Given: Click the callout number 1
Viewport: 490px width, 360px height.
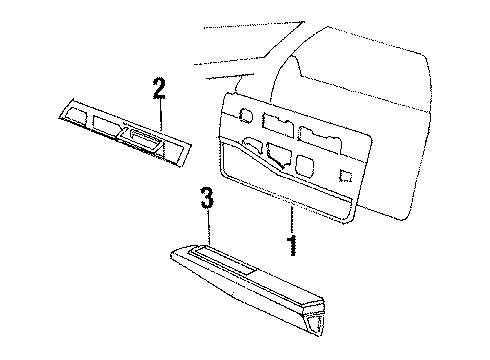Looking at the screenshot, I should (292, 243).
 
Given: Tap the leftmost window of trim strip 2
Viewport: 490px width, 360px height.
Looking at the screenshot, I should (73, 117).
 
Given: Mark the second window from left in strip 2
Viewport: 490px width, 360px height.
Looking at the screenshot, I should (103, 126).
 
